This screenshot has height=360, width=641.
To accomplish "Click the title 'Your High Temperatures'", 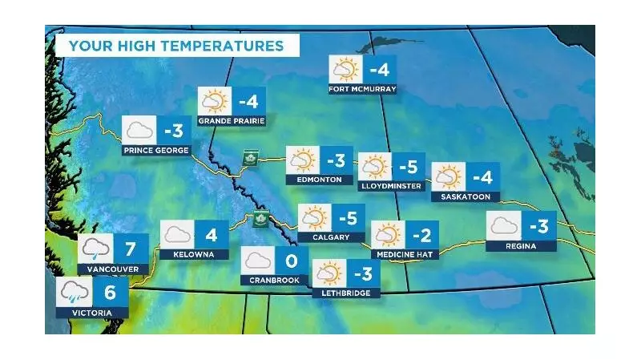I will [x=176, y=46].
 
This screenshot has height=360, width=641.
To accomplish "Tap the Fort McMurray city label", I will [x=363, y=89].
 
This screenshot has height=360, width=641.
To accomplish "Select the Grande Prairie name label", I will [x=232, y=121].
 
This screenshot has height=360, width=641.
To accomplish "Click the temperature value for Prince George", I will [x=174, y=130].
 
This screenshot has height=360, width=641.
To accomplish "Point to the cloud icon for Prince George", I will [x=138, y=130].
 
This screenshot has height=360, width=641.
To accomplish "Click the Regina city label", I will [x=521, y=245].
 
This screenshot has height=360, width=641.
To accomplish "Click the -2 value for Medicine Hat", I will [x=421, y=234].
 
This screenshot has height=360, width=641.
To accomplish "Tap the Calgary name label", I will [x=332, y=237].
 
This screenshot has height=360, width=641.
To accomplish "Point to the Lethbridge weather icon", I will [x=329, y=273].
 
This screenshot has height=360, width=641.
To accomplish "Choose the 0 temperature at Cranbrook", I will [x=292, y=261].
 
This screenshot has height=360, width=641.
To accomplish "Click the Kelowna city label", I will [x=189, y=254].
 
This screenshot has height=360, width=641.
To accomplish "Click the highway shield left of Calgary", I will [x=259, y=220].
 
